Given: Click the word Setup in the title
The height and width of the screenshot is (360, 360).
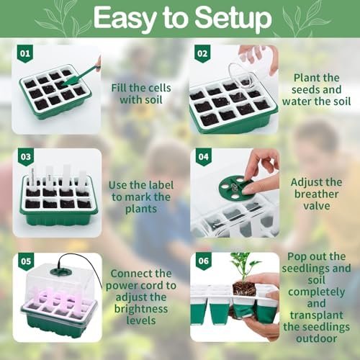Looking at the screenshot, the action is click(233, 18).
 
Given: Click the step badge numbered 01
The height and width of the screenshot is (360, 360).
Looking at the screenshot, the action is click(25, 54).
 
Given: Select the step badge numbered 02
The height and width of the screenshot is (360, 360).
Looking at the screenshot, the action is click(202, 54).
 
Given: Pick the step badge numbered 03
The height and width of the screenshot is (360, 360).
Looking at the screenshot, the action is click(26, 157).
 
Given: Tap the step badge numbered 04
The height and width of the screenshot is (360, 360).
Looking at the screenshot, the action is click(204, 157).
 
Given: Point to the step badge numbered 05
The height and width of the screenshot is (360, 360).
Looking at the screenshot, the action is click(26, 261).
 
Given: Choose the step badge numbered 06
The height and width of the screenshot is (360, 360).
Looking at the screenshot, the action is click(204, 261).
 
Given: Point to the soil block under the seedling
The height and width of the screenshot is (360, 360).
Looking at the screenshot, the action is click(244, 289).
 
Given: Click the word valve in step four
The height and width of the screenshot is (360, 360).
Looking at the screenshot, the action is click(317, 206).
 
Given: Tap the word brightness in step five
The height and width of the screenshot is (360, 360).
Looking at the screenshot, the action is click(141, 309).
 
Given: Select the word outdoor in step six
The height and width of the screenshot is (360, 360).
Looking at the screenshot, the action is click(317, 338).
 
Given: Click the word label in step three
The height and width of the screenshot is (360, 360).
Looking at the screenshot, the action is click(161, 185).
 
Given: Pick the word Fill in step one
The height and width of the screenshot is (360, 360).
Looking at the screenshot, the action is click(119, 88).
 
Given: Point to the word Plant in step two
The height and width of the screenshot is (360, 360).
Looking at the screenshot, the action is click(307, 78).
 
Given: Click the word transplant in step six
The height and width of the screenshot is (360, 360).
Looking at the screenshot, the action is click(317, 315).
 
